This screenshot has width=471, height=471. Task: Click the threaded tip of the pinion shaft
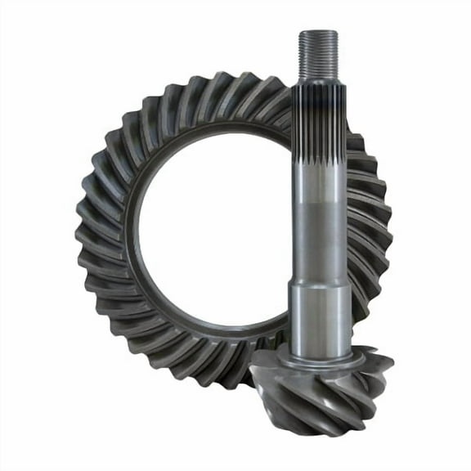coord(318,53)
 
